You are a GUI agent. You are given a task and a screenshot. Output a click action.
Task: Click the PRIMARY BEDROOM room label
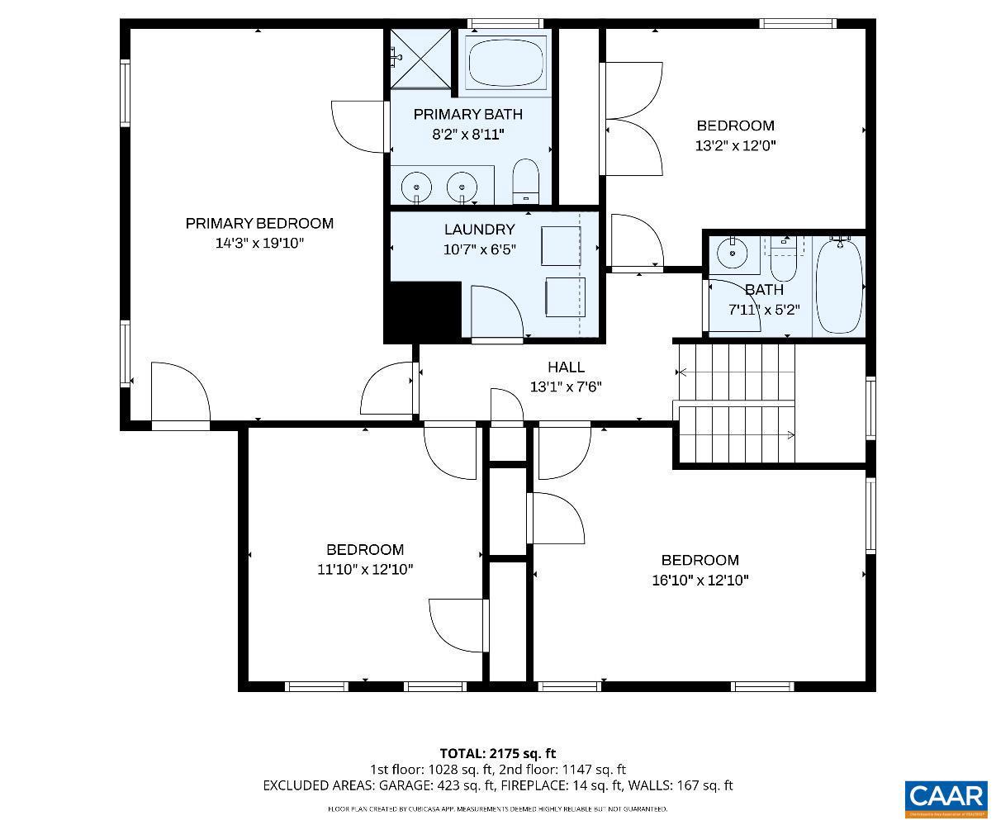coord(259,223)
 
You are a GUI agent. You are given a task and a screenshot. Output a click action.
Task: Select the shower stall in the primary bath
coord(420,57)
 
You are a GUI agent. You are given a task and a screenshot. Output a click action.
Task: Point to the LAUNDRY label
coord(479,230)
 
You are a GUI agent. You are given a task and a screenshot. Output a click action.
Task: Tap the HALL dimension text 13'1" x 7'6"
coord(566,386)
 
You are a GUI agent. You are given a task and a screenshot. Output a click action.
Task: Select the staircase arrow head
coord(791,435)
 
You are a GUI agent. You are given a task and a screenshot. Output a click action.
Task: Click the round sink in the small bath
coord(732,254)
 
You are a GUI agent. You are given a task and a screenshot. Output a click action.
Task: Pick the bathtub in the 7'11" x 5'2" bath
coord(839,286)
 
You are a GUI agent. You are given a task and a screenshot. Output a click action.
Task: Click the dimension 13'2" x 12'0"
coord(735,145)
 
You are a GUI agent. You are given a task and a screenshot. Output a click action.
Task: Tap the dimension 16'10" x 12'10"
coord(700,580)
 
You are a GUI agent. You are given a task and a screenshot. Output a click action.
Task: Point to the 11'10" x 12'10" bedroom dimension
coord(364,569)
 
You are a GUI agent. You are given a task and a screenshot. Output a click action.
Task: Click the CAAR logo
coord(946,797)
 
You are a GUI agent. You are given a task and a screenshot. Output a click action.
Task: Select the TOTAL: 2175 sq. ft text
coord(497,753)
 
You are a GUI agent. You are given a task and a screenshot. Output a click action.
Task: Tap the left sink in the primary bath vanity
coord(415,186)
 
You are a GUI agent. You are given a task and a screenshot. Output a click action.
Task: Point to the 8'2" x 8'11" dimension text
coord(467,134)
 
